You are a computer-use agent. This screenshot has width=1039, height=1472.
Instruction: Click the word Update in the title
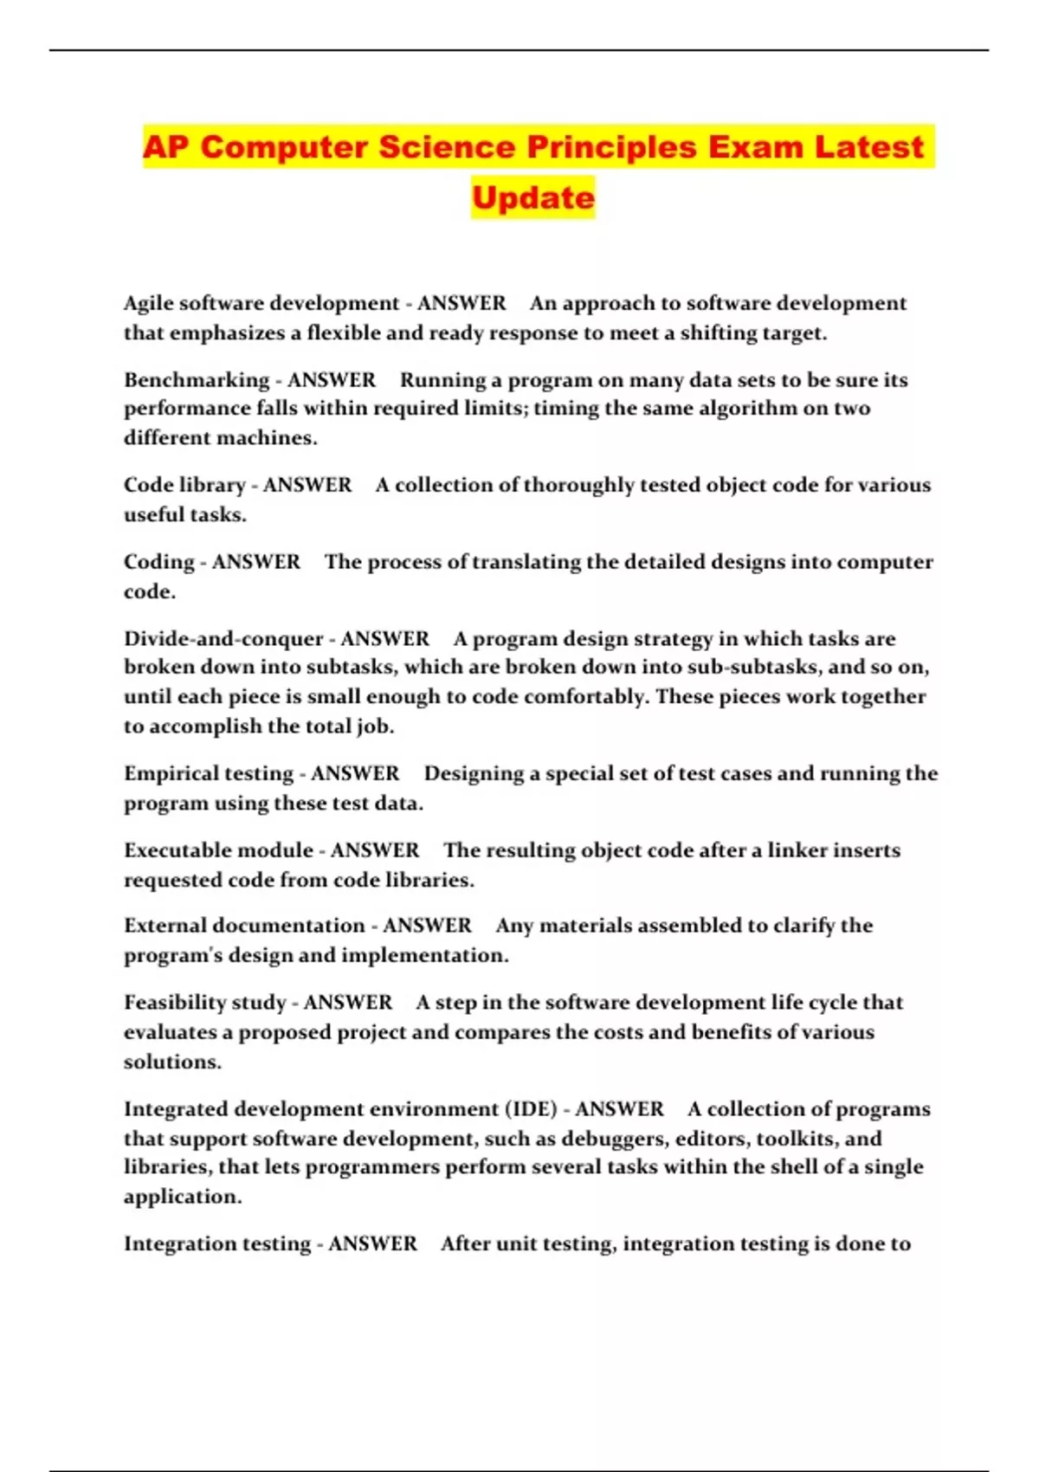pos(533,197)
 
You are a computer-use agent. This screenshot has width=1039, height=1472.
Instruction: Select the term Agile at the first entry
pos(148,304)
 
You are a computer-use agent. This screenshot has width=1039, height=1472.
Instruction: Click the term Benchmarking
pos(197,380)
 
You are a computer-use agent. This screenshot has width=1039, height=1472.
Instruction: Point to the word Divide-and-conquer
pos(223,639)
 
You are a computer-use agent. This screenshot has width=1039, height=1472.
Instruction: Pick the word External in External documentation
pos(165,926)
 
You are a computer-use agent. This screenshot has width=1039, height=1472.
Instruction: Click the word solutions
pos(172,1062)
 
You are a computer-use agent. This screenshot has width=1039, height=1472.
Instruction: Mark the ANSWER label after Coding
pos(256,562)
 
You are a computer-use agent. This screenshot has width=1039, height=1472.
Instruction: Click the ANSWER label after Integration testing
pos(372,1244)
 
